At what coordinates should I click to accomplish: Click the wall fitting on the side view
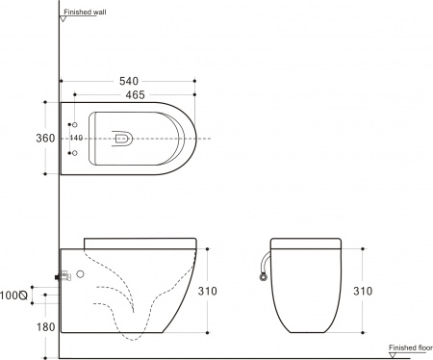(x=64, y=276)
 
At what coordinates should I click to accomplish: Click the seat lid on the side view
(x=140, y=241)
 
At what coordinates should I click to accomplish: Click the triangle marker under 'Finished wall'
(x=63, y=21)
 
